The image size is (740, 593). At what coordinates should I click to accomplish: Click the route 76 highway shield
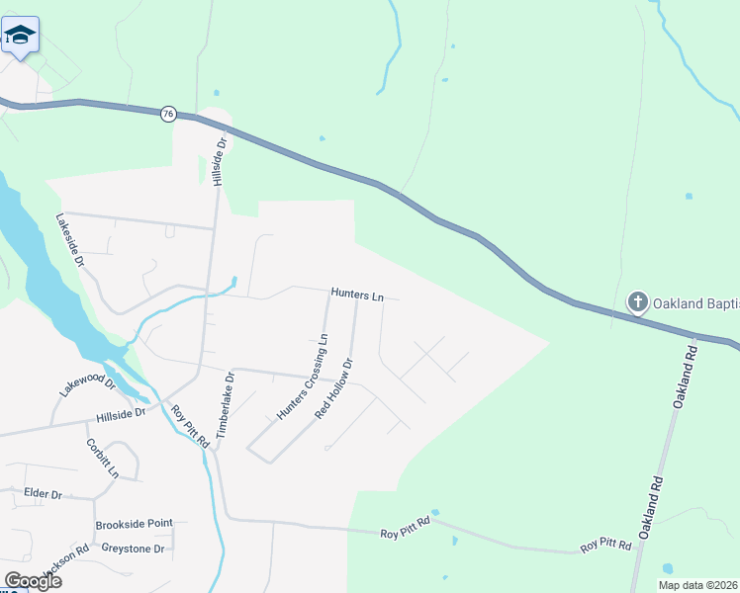click(168, 114)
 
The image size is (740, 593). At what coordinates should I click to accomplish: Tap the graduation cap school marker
click(19, 36)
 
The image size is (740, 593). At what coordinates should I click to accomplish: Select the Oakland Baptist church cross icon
click(638, 301)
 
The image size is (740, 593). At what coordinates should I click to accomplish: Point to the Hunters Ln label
click(357, 295)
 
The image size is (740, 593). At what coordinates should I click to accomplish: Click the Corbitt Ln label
click(102, 458)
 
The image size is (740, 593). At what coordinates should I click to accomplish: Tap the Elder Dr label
click(44, 493)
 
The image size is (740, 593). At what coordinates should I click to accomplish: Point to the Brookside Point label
click(135, 523)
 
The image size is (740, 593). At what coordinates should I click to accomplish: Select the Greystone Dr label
click(132, 547)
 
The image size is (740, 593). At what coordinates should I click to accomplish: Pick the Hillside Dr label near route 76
click(220, 161)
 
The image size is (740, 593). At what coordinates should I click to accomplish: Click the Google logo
click(33, 580)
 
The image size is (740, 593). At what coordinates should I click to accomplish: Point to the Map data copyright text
click(697, 585)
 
